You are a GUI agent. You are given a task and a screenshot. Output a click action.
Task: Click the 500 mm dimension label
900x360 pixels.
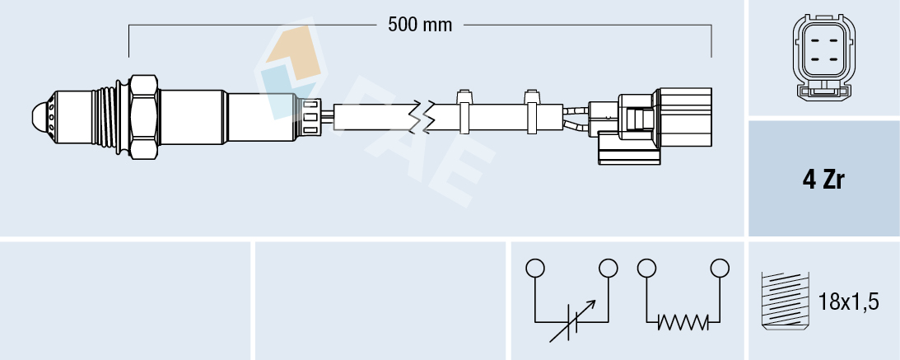[x=420, y=25]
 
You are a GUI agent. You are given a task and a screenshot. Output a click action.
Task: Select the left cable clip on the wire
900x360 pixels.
[x=464, y=110]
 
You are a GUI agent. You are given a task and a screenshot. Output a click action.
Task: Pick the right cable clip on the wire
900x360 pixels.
[x=531, y=110]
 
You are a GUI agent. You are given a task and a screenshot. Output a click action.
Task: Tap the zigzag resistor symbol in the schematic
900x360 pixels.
[x=683, y=324]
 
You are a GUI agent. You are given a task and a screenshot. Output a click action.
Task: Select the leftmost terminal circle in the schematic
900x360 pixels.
[x=535, y=269]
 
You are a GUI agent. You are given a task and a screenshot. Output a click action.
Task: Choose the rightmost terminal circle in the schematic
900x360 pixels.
[x=720, y=269]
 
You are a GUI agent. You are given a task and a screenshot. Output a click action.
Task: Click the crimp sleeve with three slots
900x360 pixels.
[x=311, y=115]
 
